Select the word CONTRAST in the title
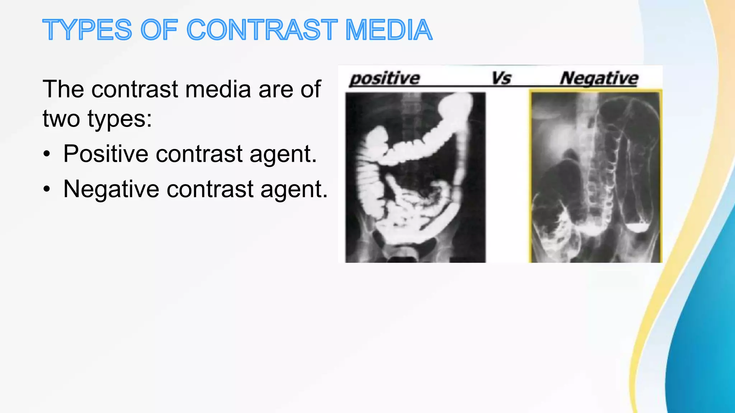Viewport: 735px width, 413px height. (x=262, y=30)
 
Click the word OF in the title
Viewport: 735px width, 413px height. (x=159, y=30)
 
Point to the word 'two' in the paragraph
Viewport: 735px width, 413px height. (x=61, y=119)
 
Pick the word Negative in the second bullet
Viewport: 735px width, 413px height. (x=111, y=189)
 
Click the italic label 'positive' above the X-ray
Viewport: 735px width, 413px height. (x=384, y=79)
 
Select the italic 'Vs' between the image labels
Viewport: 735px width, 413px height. (x=501, y=78)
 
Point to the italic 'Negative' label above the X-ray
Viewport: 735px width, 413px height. (x=599, y=79)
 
